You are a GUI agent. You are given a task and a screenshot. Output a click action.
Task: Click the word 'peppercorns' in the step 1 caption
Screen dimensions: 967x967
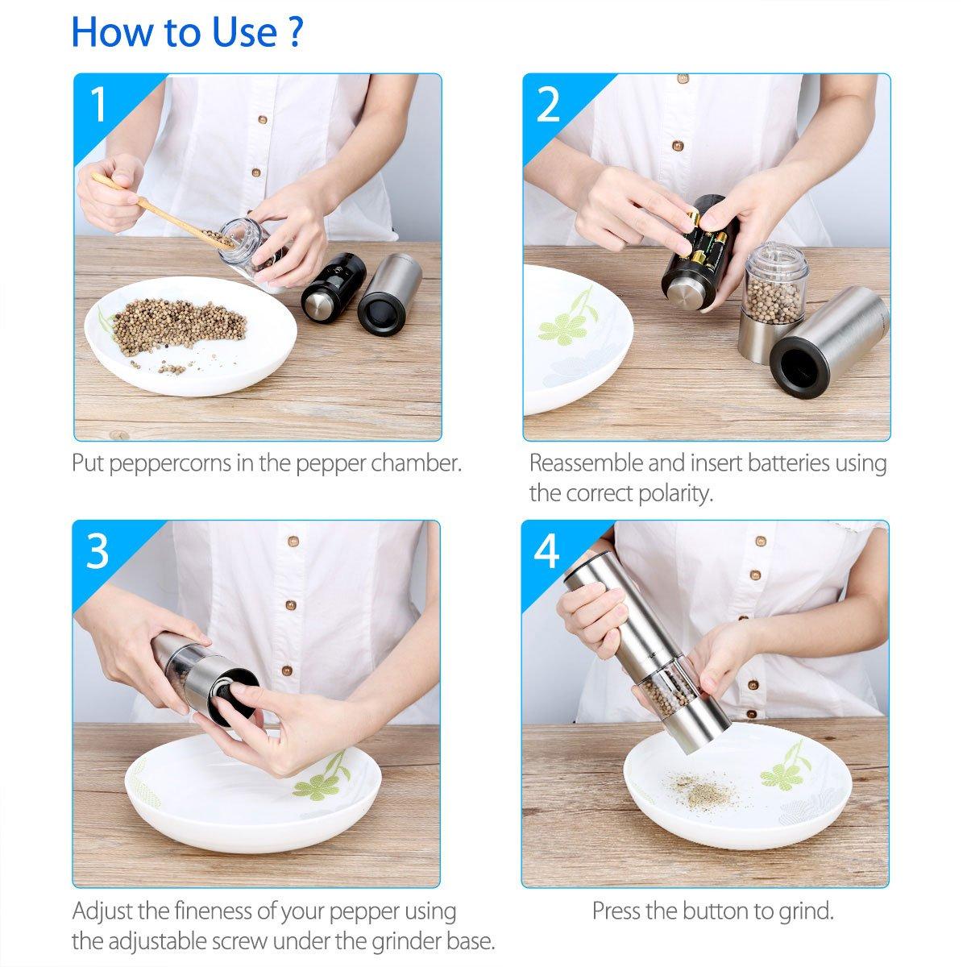(x=171, y=463)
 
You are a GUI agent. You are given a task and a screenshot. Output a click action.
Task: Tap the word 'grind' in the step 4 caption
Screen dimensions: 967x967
(x=807, y=911)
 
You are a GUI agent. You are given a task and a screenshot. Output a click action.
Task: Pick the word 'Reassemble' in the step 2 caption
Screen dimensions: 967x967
(x=587, y=463)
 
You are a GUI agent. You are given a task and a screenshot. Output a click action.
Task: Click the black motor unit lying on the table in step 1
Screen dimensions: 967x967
(x=334, y=286)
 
